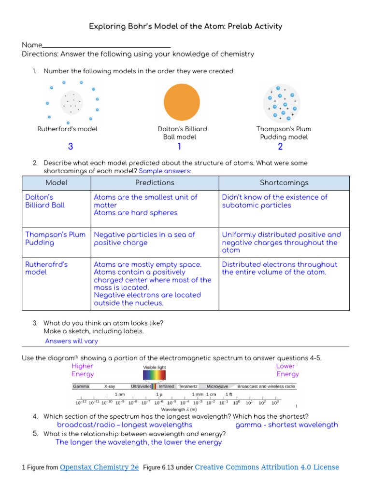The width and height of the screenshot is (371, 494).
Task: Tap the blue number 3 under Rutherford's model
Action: coord(71,147)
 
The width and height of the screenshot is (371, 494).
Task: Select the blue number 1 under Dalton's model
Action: coord(179,147)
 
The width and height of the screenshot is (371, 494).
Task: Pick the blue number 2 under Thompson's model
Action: coord(280,147)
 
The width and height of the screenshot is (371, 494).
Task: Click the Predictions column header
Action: coord(155,183)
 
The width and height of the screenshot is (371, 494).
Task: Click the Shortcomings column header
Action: coord(284,183)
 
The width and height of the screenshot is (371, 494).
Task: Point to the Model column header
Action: coord(57,183)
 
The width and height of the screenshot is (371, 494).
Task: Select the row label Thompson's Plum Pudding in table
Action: coord(55,238)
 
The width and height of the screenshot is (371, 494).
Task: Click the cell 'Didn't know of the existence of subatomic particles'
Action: coord(274,201)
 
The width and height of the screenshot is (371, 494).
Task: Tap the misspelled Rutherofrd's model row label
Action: coord(46,268)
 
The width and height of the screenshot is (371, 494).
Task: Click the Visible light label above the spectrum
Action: coord(154,368)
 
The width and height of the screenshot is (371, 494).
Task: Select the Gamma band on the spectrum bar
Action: coord(80,386)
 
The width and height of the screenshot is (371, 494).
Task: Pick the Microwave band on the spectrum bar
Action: coord(217,386)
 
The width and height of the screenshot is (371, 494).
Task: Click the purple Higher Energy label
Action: coord(83,370)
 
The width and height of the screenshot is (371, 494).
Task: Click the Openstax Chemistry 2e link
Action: coord(100,467)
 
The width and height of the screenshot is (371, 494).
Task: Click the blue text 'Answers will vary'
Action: coord(71,341)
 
